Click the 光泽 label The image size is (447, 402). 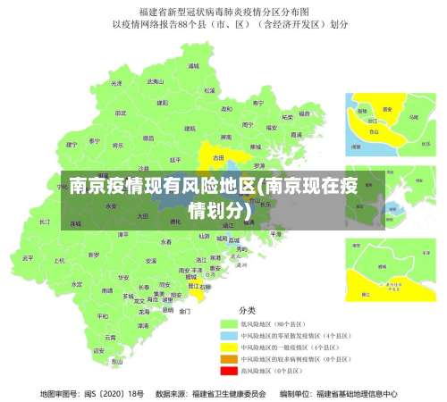pos(114,83)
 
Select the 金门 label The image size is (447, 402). pos(184,311)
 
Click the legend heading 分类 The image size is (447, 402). pos(247,309)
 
